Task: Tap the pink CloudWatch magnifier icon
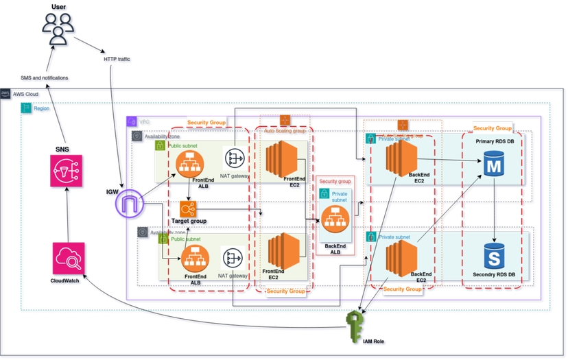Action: pos(69,259)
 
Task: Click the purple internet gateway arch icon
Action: pos(128,204)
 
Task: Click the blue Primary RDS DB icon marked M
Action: pos(493,165)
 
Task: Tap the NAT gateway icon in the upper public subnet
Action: pos(235,158)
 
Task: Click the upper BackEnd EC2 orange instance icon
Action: pos(402,158)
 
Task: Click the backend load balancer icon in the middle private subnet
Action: pos(335,219)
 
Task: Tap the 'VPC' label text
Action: pos(144,121)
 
